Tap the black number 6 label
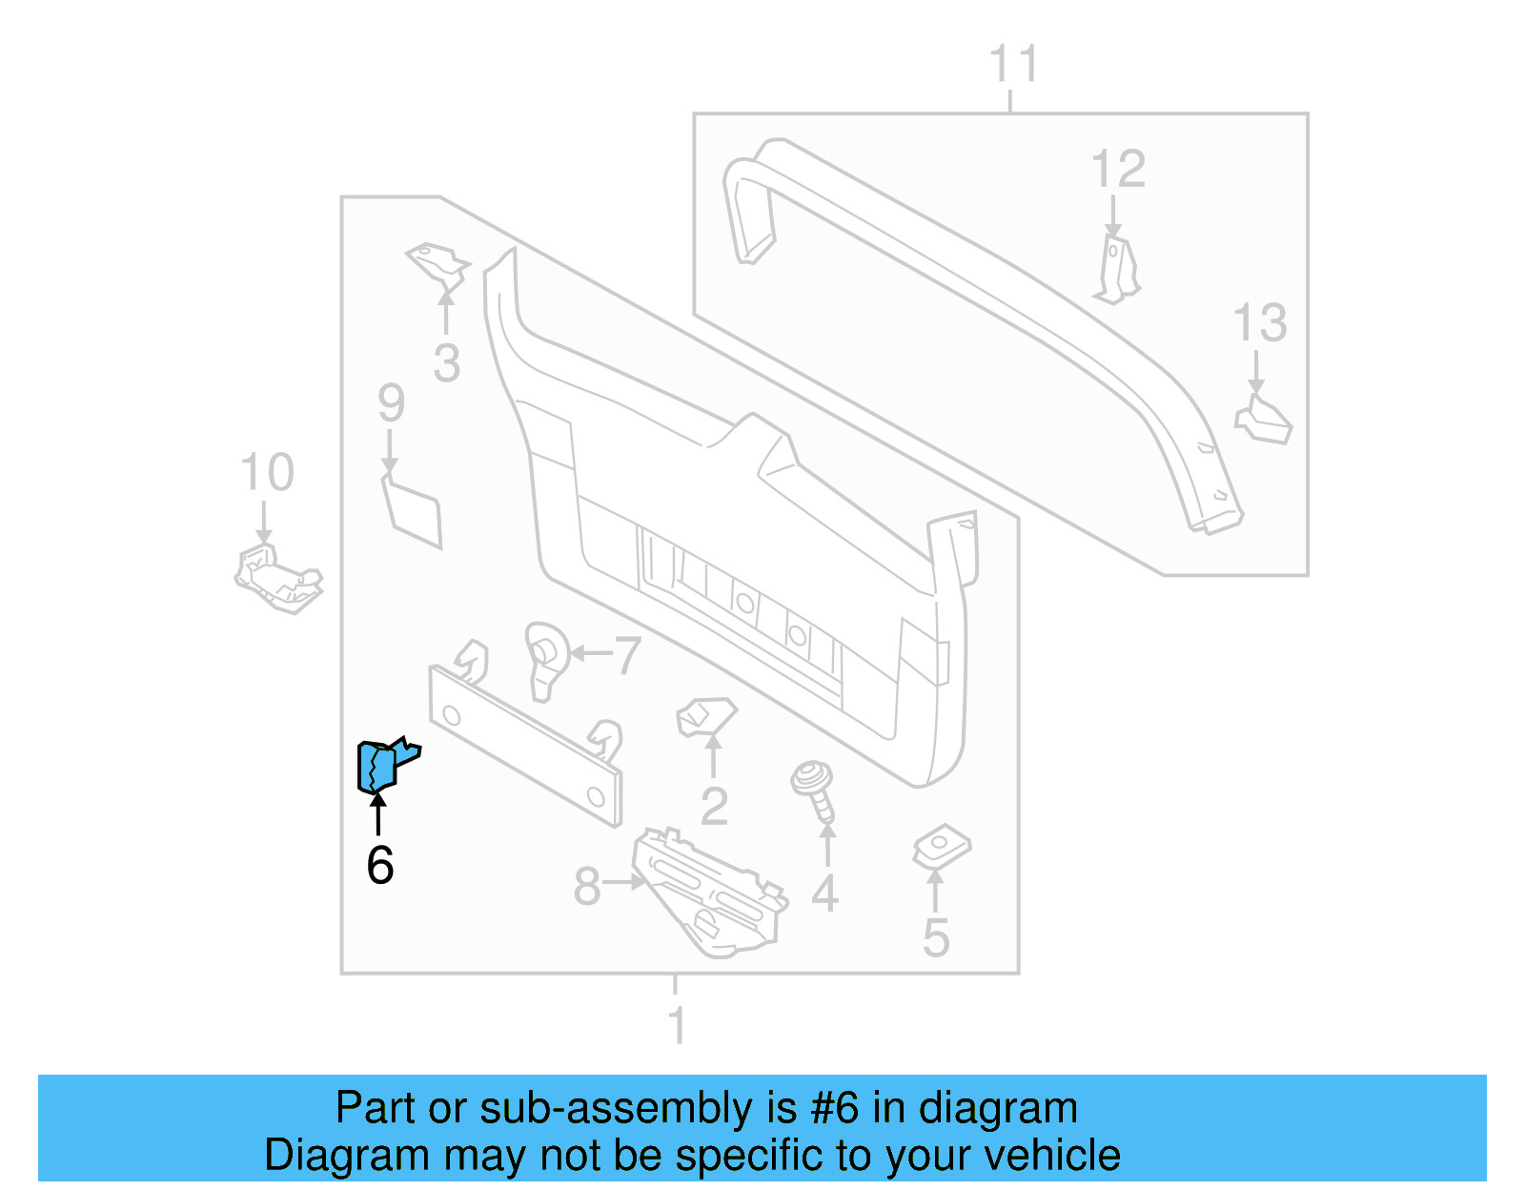click(x=379, y=865)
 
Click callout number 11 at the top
click(x=1012, y=65)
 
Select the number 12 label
click(x=1117, y=170)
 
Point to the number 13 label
click(x=1259, y=323)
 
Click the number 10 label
click(x=267, y=473)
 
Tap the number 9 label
click(x=391, y=403)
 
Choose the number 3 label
click(x=446, y=363)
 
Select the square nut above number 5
click(x=942, y=845)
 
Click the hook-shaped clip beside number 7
click(x=545, y=658)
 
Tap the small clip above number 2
click(x=706, y=716)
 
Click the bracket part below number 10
click(x=277, y=577)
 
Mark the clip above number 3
click(x=439, y=264)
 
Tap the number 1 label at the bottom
click(x=676, y=1026)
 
